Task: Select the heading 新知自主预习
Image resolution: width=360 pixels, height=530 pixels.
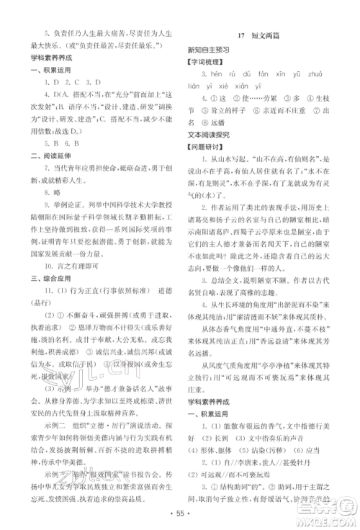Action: [209, 49]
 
